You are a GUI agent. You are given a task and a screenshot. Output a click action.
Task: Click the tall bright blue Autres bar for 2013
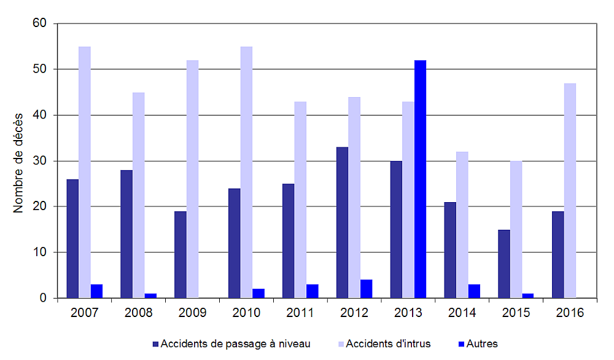420,179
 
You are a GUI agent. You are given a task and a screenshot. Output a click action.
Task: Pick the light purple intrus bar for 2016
570,190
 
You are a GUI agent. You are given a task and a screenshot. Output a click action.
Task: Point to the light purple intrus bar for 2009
192,179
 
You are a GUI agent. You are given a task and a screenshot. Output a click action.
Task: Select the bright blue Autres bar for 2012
366,289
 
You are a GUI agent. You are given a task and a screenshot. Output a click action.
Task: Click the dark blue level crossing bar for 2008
126,234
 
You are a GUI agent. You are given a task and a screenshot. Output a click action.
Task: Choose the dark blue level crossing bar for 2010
234,243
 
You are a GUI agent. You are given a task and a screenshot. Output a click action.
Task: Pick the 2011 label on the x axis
300,313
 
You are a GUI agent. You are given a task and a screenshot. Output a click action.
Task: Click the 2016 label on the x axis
570,313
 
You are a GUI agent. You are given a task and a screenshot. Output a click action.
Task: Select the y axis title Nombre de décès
18,162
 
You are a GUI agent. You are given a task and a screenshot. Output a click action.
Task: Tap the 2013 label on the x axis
408,313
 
